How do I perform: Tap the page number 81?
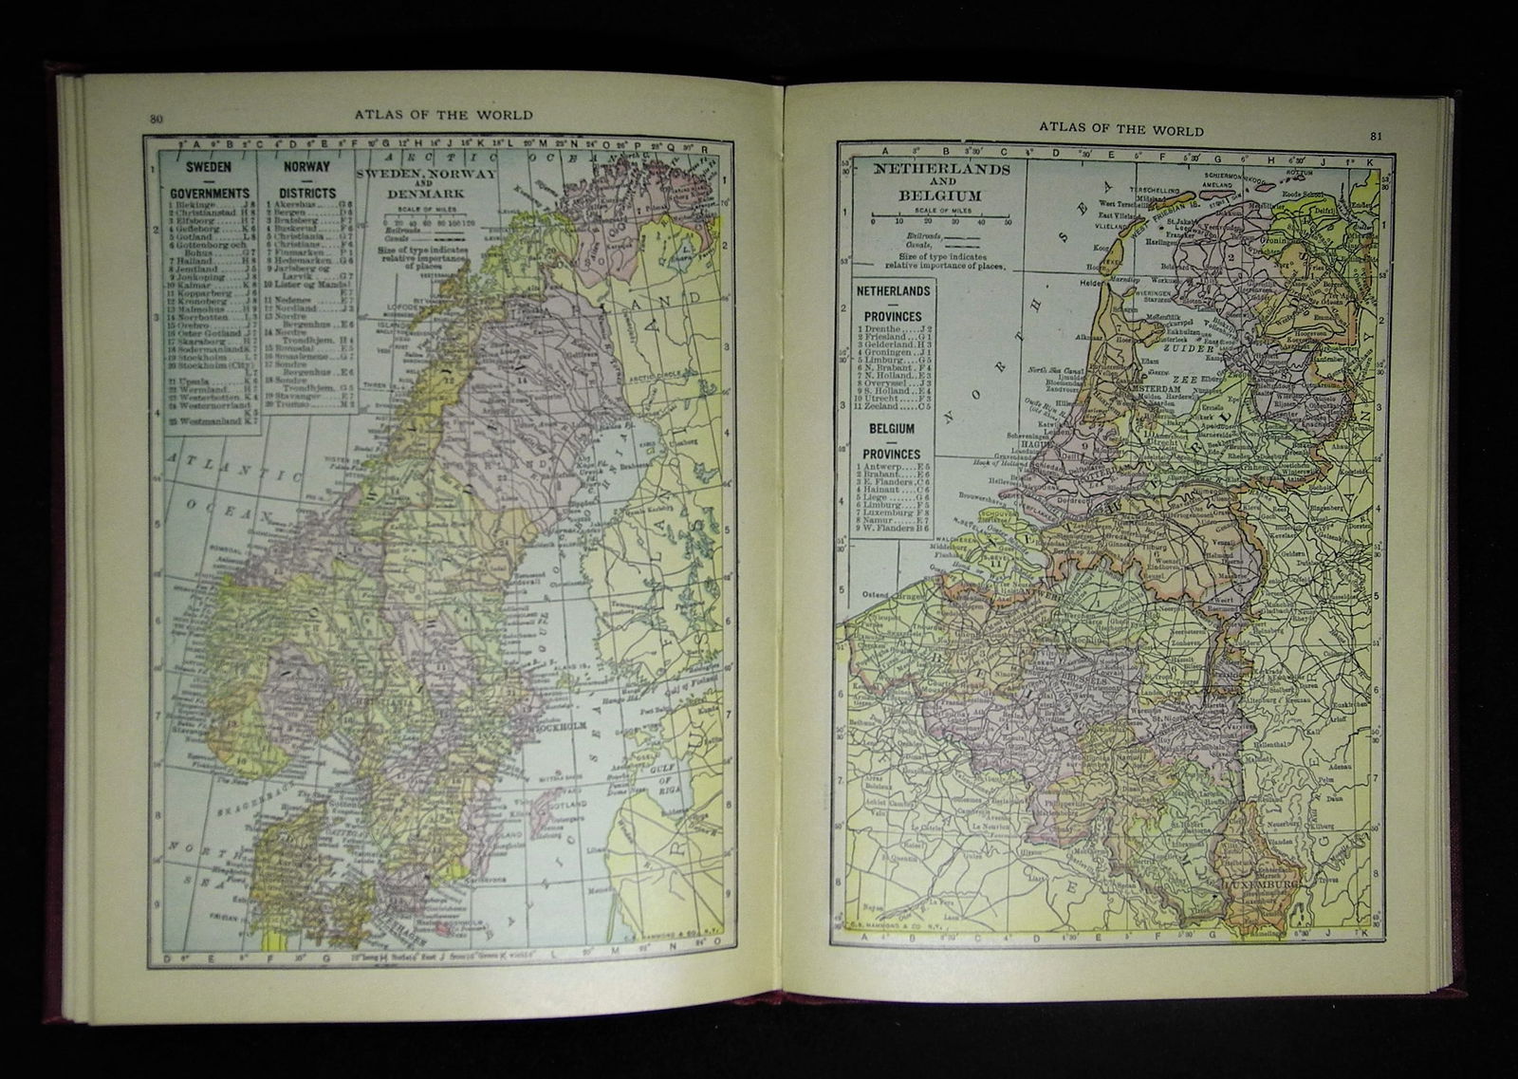1379,134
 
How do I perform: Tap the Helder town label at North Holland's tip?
1092,282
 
